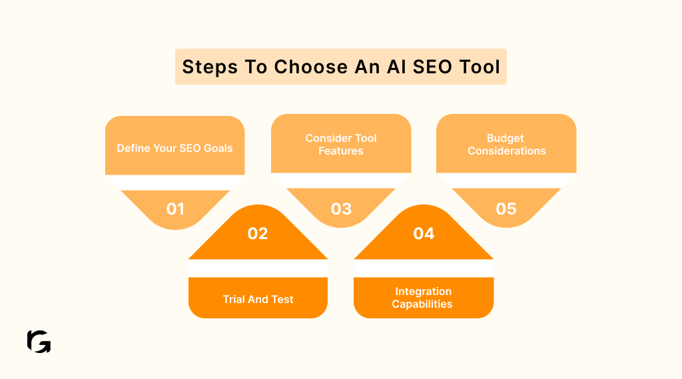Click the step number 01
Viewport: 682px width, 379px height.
click(x=175, y=208)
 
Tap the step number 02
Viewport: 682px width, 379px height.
click(x=258, y=233)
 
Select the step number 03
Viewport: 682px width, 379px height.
click(x=341, y=208)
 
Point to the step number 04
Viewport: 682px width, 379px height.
click(x=424, y=233)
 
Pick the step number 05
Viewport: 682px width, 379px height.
click(x=506, y=208)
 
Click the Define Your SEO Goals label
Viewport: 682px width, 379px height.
click(x=175, y=148)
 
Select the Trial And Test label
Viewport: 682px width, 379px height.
click(x=258, y=299)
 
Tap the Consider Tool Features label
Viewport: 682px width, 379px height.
click(x=341, y=145)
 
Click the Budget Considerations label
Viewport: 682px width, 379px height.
click(x=506, y=145)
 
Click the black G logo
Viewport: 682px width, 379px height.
click(x=39, y=341)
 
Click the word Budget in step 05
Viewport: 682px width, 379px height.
click(x=506, y=139)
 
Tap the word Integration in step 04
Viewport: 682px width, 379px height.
click(x=423, y=292)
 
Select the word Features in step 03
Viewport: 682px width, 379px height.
click(x=341, y=151)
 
